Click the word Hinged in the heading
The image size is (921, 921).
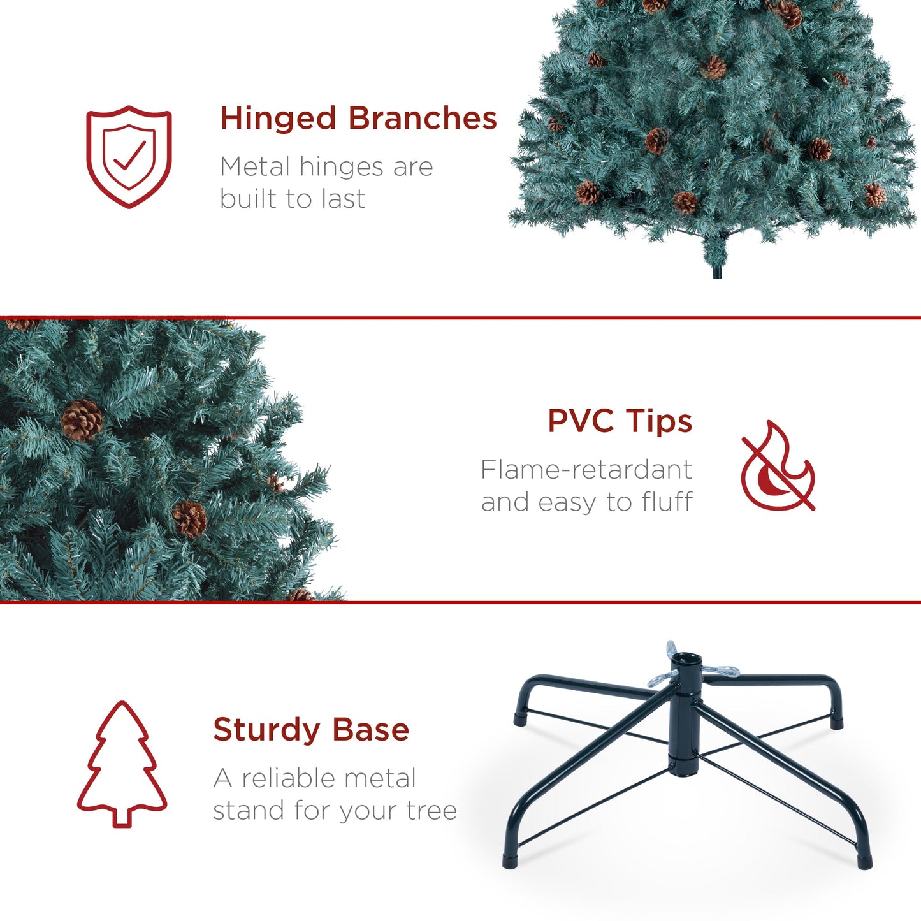[278, 119]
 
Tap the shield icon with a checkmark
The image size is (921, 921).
[129, 156]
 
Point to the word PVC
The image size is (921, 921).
[581, 421]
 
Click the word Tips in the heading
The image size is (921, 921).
[658, 421]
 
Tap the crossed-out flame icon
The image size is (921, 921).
[778, 466]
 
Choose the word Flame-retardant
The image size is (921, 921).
[586, 470]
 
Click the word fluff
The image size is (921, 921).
[667, 502]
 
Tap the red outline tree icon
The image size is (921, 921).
[122, 764]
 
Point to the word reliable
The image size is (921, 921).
[329, 778]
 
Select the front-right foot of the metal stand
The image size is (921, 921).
[865, 861]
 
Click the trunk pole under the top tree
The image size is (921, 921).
[717, 270]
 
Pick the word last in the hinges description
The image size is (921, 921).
[344, 199]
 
